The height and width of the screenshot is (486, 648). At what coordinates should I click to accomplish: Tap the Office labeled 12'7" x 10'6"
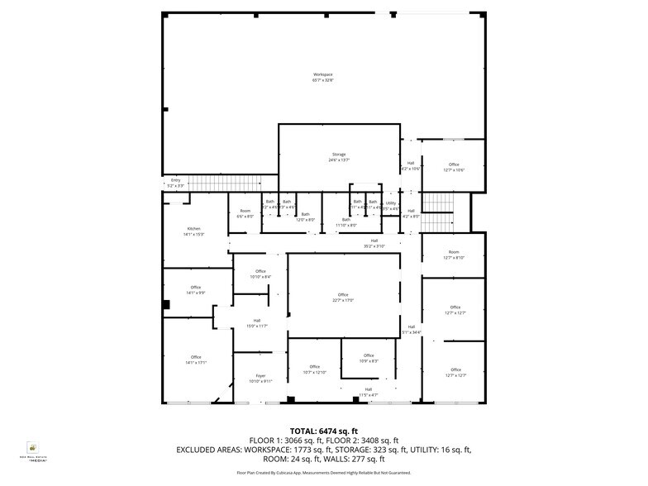[x=454, y=167]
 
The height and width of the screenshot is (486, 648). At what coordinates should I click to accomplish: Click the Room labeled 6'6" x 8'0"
[x=245, y=214]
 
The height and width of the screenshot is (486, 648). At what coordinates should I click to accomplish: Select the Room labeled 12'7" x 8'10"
[x=454, y=255]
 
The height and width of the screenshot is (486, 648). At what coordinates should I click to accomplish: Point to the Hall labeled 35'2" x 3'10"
[x=374, y=243]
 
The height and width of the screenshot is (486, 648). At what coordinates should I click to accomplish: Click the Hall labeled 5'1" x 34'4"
[x=411, y=329]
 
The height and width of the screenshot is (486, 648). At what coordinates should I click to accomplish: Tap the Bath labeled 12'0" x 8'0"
[x=306, y=217]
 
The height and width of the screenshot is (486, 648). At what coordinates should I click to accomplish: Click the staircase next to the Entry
[x=223, y=183]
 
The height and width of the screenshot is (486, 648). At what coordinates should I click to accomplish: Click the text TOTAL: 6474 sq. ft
[x=323, y=431]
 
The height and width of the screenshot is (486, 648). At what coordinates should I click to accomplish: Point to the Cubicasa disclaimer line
[x=323, y=473]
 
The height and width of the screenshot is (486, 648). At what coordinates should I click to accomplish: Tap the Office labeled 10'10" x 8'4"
[x=260, y=274]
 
